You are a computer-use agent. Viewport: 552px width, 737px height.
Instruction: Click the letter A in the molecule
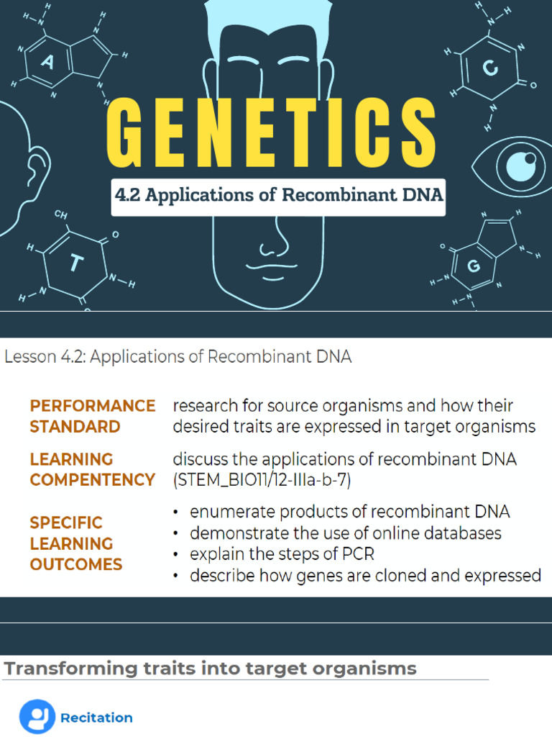47,63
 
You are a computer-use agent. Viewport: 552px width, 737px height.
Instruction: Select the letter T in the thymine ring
75,264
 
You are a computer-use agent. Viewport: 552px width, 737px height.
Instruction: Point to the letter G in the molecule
473,267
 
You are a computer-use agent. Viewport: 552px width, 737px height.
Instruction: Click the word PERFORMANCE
93,406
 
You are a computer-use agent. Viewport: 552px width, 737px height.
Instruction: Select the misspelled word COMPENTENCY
93,479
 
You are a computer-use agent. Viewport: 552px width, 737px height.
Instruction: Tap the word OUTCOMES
76,564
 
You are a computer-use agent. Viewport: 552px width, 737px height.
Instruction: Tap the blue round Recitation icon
37,717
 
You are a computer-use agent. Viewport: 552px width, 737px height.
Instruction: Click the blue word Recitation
96,718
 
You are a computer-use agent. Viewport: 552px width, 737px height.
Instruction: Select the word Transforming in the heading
60,669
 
